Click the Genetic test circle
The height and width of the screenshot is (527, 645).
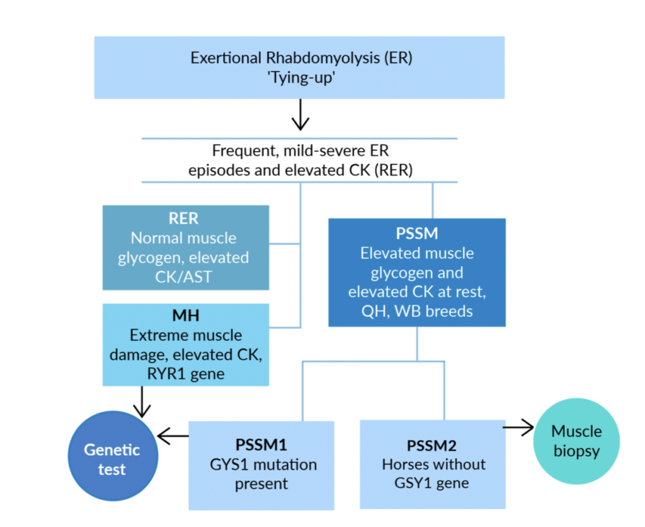[x=113, y=456]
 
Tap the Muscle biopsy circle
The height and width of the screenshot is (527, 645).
[x=576, y=441]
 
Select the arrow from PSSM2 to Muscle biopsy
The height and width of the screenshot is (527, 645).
[x=518, y=427]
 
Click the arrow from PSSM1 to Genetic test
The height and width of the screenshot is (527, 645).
[x=173, y=436]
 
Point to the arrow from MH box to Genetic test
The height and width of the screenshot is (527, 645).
[x=142, y=402]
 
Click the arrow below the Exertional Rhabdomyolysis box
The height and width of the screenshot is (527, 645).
[x=300, y=115]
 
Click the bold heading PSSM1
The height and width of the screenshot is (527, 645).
[x=261, y=444]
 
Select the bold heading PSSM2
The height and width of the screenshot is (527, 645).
[x=431, y=446]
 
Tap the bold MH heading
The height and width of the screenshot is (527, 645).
[x=186, y=315]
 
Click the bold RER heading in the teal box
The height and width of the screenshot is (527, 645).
[x=183, y=218]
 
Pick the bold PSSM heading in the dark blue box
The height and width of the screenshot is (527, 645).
[x=417, y=233]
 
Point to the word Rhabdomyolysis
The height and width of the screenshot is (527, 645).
[x=323, y=59]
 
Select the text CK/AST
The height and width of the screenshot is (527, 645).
[x=183, y=277]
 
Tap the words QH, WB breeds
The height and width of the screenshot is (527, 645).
[x=417, y=311]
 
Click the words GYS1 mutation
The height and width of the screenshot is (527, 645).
[x=263, y=465]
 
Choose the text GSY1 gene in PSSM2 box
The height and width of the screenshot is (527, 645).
[x=431, y=483]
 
